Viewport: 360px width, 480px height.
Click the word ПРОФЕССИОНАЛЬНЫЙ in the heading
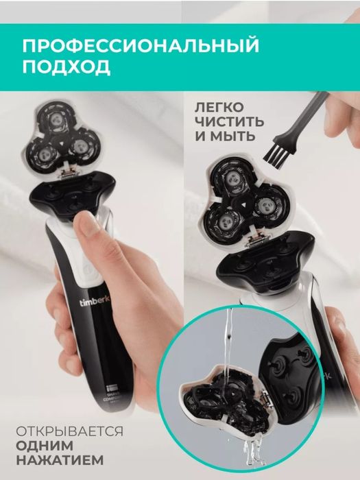(x=141, y=46)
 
